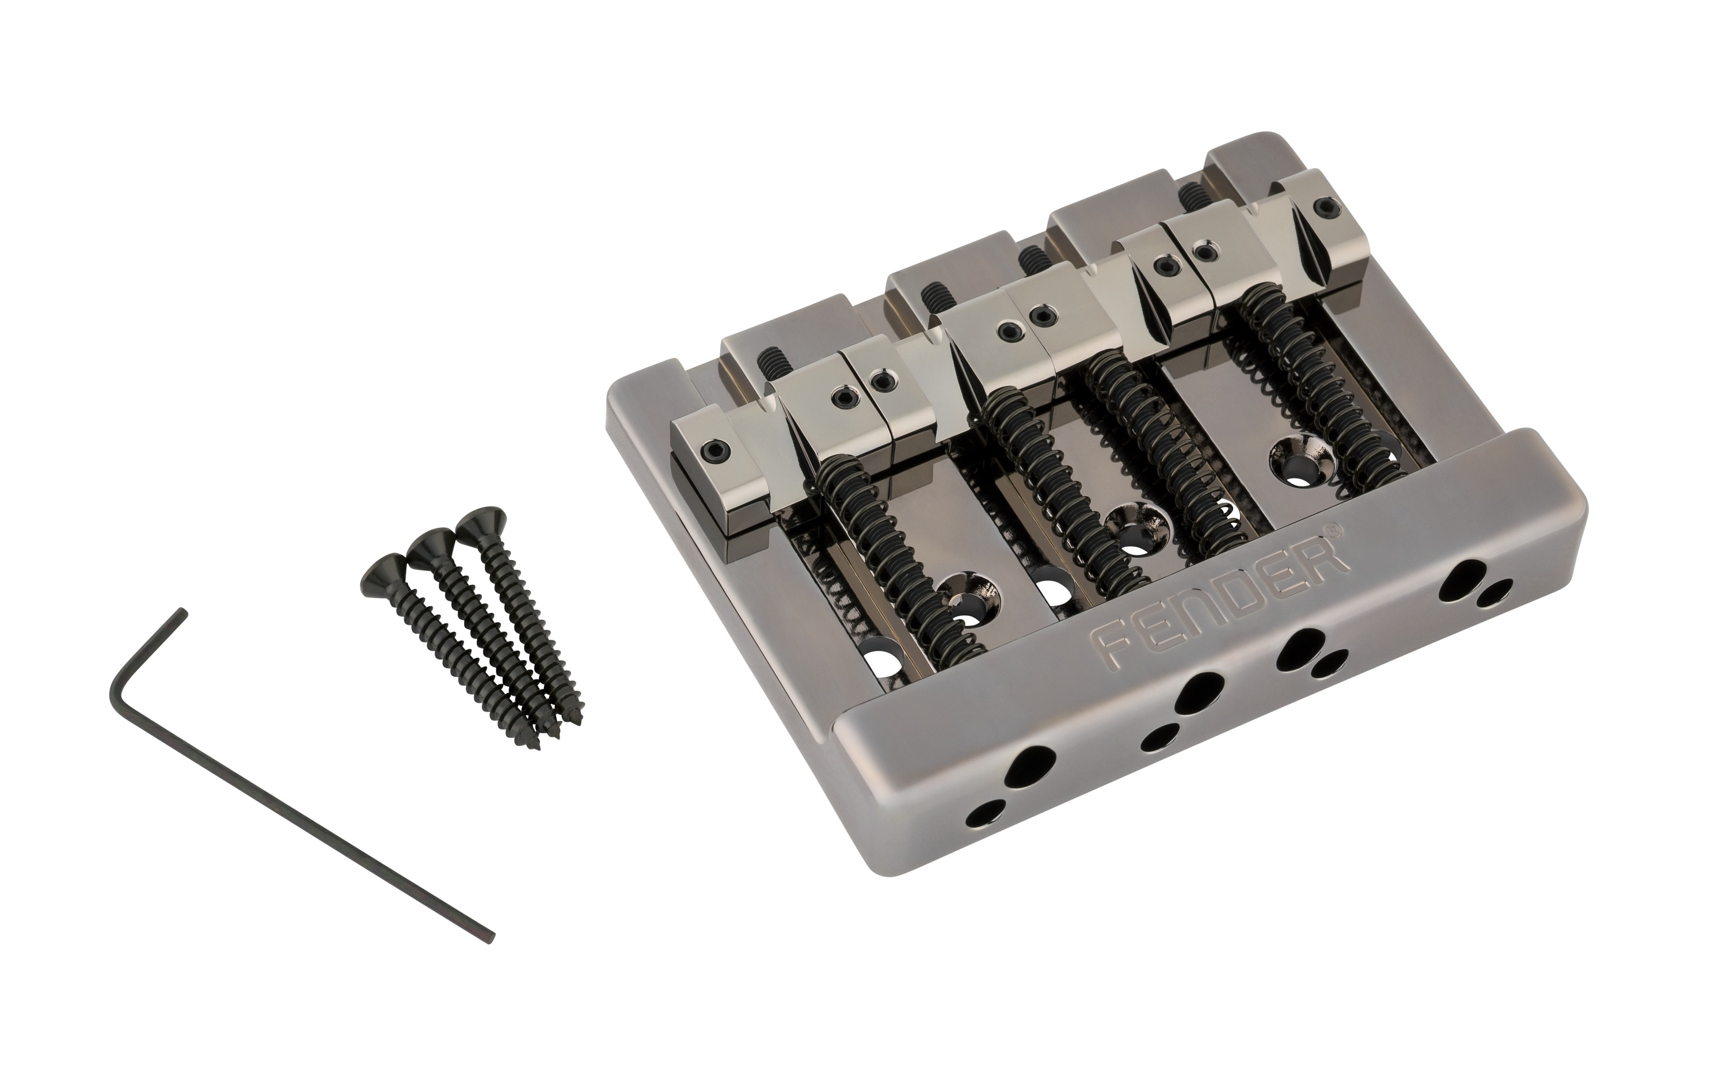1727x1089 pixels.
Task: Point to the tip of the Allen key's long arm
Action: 490,937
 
